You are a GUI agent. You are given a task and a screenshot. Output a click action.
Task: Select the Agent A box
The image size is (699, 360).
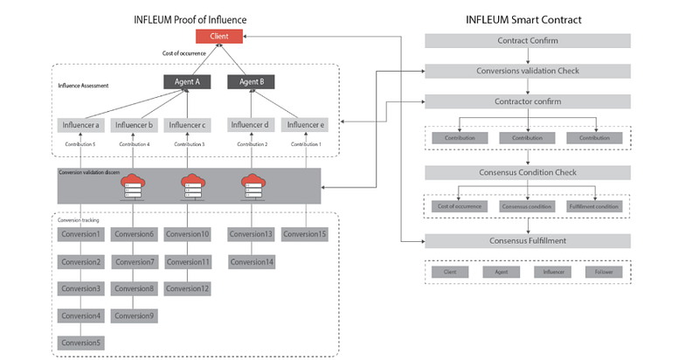[x=188, y=82]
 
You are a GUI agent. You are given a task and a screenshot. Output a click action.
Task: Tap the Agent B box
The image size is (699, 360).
[x=251, y=82]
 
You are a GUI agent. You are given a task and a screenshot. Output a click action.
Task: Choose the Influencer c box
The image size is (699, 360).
[x=188, y=125]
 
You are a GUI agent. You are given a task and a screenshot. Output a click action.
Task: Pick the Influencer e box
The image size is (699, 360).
[x=303, y=125]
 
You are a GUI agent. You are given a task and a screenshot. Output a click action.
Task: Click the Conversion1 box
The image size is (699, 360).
[x=81, y=234]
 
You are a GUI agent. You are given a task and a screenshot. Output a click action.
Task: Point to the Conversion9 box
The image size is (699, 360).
[x=135, y=315]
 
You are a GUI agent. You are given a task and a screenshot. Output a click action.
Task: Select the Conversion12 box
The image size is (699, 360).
[x=188, y=288]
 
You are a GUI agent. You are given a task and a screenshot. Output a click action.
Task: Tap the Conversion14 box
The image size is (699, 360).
[x=251, y=261]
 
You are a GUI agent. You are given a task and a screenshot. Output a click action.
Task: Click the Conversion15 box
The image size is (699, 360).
[x=304, y=234]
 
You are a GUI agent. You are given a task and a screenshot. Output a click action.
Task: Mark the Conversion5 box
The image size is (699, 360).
[x=81, y=343]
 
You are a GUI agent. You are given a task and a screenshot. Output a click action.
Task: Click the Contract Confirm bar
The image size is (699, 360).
[x=528, y=41]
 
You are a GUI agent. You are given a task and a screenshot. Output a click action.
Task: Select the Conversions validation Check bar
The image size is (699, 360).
[x=528, y=71]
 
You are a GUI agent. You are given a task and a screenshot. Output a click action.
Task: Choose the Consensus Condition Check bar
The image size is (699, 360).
[x=528, y=171]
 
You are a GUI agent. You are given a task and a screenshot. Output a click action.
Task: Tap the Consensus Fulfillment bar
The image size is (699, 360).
[x=528, y=240]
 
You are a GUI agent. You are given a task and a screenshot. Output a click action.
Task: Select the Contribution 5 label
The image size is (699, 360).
[x=81, y=144]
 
